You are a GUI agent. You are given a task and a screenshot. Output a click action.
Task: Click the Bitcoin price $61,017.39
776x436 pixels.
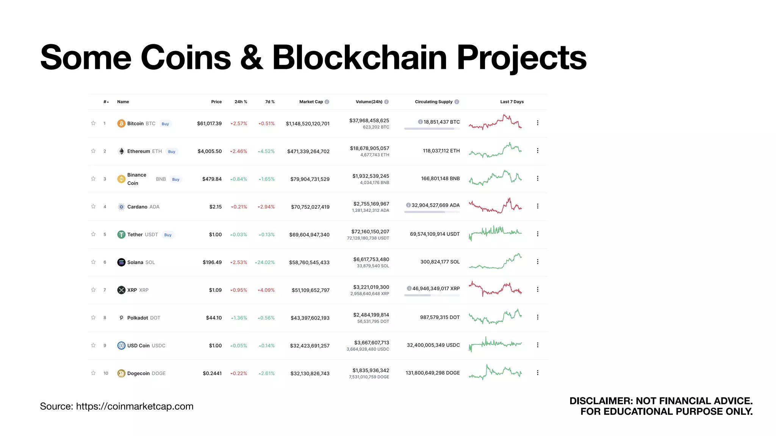click(x=209, y=124)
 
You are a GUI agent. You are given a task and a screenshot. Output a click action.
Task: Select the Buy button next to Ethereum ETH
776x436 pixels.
click(x=172, y=152)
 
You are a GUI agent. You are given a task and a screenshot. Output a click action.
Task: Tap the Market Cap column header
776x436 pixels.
click(x=311, y=102)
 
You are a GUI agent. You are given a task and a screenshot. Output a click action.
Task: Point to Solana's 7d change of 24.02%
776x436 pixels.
click(x=265, y=262)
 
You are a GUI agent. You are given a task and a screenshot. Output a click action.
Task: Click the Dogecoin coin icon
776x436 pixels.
click(x=121, y=374)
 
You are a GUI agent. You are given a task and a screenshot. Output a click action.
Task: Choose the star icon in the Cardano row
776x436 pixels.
click(x=93, y=207)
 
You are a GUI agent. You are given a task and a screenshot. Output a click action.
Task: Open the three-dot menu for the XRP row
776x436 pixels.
click(x=537, y=290)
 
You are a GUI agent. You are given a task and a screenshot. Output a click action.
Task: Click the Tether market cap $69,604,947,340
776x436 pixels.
click(x=309, y=235)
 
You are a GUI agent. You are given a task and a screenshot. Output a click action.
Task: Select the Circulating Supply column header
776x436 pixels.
click(x=433, y=102)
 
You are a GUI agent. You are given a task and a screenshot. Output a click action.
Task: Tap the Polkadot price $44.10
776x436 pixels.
click(x=214, y=318)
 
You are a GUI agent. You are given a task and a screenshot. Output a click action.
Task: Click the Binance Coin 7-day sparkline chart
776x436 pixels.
click(x=495, y=178)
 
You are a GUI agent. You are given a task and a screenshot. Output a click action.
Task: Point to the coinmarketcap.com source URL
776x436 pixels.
click(x=135, y=406)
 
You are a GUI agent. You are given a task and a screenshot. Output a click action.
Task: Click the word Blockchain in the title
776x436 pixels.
click(x=360, y=58)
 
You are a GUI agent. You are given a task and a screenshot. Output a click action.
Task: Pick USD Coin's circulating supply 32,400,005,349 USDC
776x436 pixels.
click(x=433, y=345)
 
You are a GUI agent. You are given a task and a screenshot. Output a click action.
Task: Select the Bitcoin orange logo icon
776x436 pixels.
click(x=121, y=124)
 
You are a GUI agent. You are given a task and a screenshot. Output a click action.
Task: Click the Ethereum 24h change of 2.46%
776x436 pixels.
click(x=239, y=151)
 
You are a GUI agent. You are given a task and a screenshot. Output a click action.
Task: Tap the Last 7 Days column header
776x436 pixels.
click(x=512, y=102)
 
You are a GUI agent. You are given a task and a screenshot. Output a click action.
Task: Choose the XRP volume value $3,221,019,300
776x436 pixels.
click(x=371, y=287)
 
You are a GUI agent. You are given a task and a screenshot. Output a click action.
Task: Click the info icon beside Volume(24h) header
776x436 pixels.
click(x=386, y=102)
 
